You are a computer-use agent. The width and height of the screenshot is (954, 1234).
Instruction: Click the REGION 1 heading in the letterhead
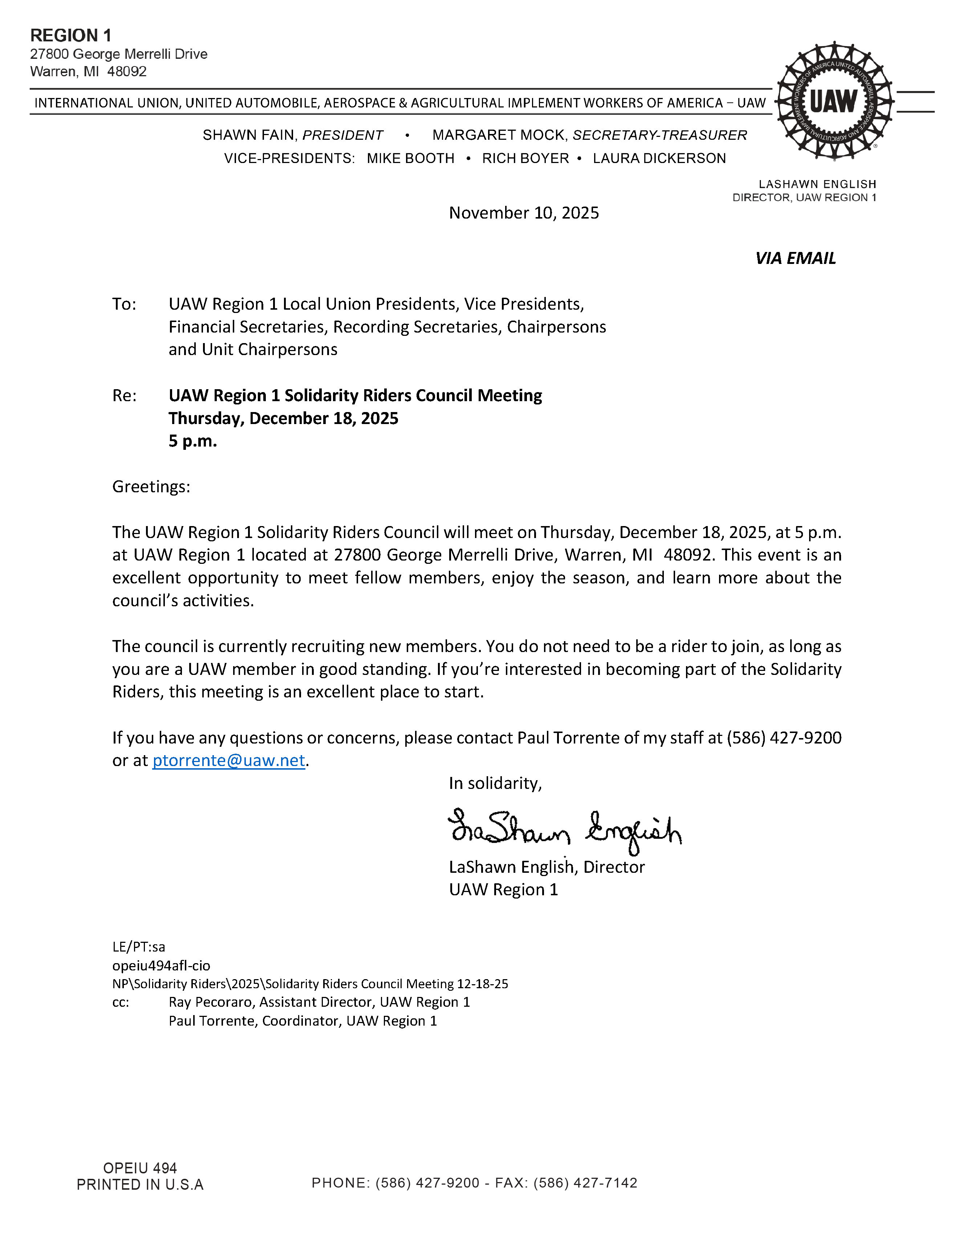coord(71,36)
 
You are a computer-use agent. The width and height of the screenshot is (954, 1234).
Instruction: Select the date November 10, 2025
coord(523,213)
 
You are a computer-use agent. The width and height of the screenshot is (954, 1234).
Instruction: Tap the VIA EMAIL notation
coord(795,258)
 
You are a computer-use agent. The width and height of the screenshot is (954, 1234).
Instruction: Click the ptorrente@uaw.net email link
coord(228,761)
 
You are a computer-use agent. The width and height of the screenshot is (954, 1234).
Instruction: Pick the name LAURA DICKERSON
coord(659,158)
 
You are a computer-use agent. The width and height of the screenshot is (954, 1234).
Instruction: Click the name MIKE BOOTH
coord(410,158)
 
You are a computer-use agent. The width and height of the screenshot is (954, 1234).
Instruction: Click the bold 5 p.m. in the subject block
coord(193,441)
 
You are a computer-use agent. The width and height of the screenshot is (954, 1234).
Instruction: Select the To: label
coord(124,304)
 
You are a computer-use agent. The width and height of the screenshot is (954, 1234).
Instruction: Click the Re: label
coord(124,395)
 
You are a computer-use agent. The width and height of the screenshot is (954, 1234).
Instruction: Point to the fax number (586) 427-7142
coord(585,1182)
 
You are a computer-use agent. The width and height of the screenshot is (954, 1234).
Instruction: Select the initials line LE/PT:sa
coord(138,947)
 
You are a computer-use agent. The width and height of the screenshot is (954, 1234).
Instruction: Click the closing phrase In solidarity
coord(495,783)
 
